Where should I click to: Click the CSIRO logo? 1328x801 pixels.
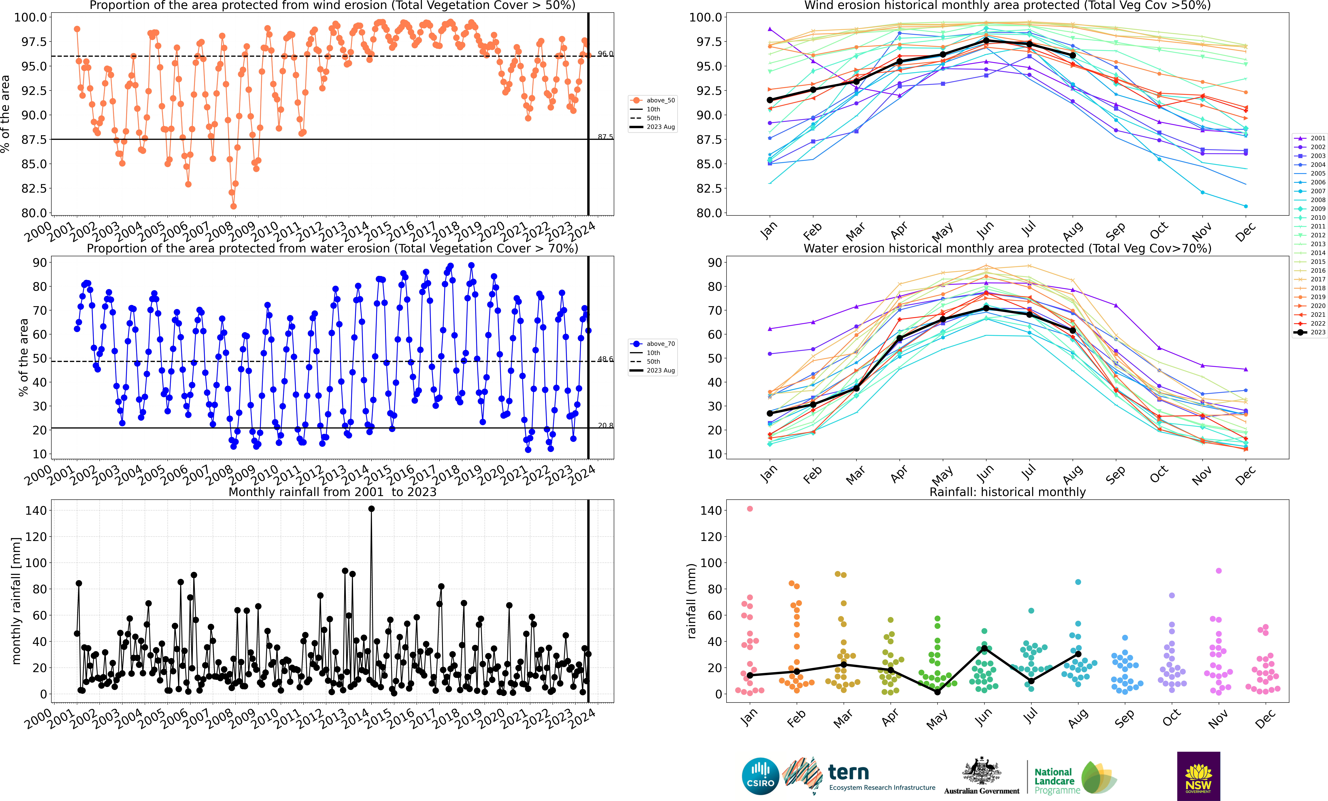[760, 776]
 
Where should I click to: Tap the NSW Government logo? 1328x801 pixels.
[1198, 776]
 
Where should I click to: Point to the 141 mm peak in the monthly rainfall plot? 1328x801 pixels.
[371, 509]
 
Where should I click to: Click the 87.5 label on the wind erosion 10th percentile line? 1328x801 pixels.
[605, 137]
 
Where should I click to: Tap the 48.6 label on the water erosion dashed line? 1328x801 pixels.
[605, 359]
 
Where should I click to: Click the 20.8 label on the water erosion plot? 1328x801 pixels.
[605, 426]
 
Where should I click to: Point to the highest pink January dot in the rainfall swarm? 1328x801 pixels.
[750, 509]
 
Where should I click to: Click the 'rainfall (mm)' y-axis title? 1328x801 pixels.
[691, 601]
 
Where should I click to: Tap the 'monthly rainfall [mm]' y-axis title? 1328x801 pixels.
[16, 601]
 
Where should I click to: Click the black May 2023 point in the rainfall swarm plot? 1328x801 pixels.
[937, 692]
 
